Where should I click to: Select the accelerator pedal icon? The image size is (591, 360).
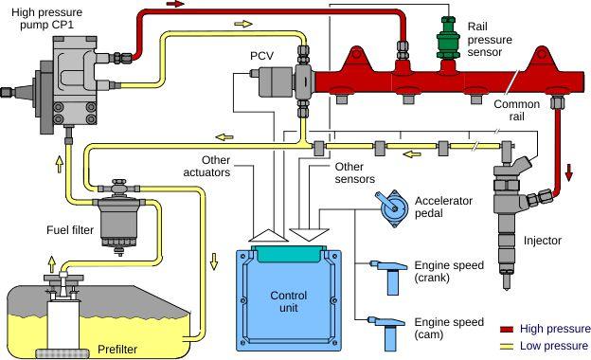[x=388, y=209]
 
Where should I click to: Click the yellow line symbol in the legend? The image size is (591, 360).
[x=505, y=345]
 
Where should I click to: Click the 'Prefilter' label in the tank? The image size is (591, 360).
[x=117, y=350]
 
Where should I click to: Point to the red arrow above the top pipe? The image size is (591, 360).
[x=201, y=5]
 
